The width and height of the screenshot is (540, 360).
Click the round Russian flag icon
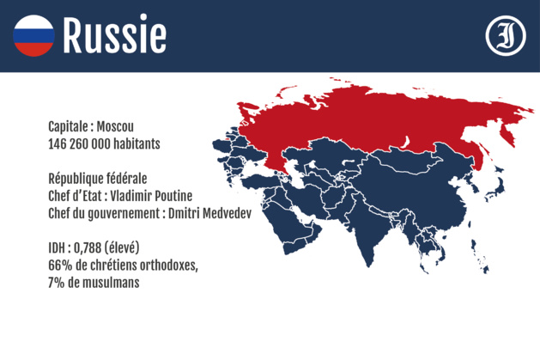33,35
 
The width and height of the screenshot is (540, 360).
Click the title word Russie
114,35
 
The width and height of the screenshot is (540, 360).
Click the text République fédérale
97,179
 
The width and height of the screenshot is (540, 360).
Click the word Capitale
70,125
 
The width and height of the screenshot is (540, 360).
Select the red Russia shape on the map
369,120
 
